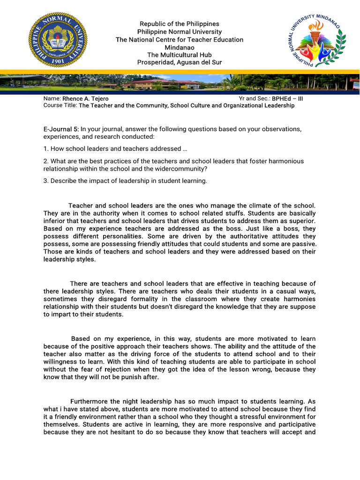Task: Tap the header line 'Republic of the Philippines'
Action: tap(180, 24)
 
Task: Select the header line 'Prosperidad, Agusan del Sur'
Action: tap(180, 62)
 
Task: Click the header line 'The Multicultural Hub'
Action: tap(180, 55)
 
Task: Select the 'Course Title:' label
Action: tap(60, 105)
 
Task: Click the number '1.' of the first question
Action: tap(46, 149)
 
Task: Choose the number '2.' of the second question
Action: tap(46, 161)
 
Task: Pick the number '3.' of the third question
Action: tap(46, 181)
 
